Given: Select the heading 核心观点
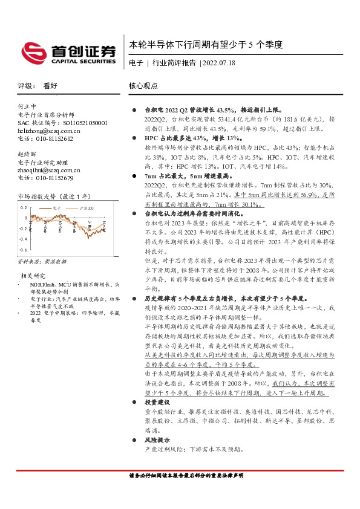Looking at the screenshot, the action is pos(143,86).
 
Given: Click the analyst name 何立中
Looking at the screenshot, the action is pos(28,106).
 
